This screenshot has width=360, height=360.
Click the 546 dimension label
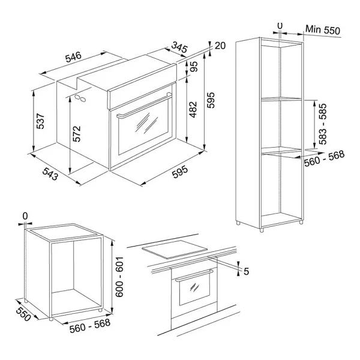click(x=73, y=57)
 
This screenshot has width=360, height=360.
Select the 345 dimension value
click(x=179, y=47)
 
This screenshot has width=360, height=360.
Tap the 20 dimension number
click(x=220, y=46)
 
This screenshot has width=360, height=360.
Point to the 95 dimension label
click(x=194, y=67)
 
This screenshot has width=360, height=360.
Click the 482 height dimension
click(x=193, y=109)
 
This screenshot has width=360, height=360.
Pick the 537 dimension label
click(x=40, y=121)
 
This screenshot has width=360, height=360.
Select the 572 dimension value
click(x=77, y=134)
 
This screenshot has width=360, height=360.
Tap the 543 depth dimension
click(x=50, y=173)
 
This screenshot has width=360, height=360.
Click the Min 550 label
click(x=323, y=30)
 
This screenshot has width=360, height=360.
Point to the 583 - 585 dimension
click(x=323, y=124)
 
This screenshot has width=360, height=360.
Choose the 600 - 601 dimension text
click(x=119, y=277)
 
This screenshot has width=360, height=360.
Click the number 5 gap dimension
click(x=246, y=271)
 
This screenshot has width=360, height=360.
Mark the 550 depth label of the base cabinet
click(x=23, y=314)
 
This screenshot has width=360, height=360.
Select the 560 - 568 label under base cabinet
click(x=90, y=326)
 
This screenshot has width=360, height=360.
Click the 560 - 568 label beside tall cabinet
click(x=324, y=158)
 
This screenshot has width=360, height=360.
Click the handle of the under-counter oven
click(x=194, y=275)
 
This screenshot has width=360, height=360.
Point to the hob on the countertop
click(x=175, y=250)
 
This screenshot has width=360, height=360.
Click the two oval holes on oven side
click(x=80, y=98)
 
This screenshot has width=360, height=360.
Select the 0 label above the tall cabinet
click(x=280, y=26)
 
